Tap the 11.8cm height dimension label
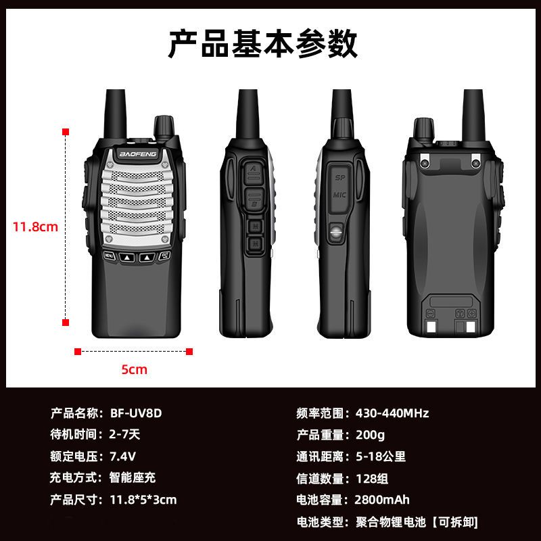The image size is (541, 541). coord(35,227)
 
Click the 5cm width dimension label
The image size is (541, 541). coord(134,369)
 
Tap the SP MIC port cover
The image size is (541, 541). coord(339,186)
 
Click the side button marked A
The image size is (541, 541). coord(253,171)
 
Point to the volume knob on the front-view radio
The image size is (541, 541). coord(164,126)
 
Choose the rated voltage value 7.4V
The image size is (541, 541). coord(122,456)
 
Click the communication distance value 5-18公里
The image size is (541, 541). coord(380,456)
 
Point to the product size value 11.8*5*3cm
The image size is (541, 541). coord(143,500)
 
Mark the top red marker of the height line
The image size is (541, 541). coord(66,131)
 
